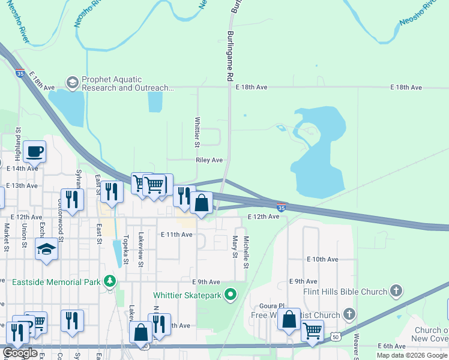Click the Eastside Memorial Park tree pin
(109, 280)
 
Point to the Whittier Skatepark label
(187, 295)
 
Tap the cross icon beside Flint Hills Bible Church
(396, 292)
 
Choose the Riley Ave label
(209, 160)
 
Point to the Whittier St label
(197, 132)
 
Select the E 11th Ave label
(176, 235)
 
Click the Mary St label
(235, 246)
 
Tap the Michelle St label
(246, 252)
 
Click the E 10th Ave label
(322, 259)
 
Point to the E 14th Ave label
(22, 169)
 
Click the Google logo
(20, 353)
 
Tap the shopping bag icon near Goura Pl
(289, 321)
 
